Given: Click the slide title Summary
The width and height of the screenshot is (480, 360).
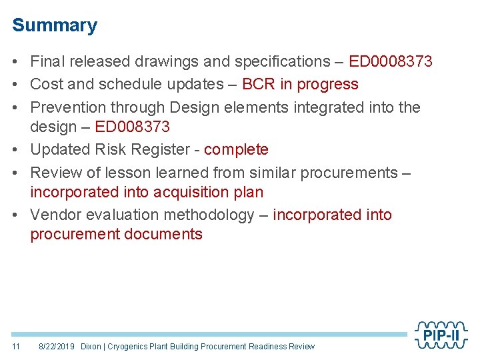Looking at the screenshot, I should point(55,25).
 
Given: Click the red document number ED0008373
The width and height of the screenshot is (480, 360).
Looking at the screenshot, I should point(391,62).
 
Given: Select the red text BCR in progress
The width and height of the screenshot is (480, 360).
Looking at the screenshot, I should point(300,85).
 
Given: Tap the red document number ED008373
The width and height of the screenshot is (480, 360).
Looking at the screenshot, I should point(133,127).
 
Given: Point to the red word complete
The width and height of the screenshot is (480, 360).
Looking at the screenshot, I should point(236,149).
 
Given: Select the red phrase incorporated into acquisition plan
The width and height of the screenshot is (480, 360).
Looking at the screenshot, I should point(147,193).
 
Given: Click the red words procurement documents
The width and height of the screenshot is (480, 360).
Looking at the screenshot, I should point(116,234).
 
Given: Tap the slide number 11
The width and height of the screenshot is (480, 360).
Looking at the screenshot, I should point(17,346).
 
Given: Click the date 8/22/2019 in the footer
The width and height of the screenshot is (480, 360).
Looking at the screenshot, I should point(57,346).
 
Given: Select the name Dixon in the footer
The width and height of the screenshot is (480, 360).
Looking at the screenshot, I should point(91,346).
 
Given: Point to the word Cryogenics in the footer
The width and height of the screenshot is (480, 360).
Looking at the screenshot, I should point(130,346).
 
